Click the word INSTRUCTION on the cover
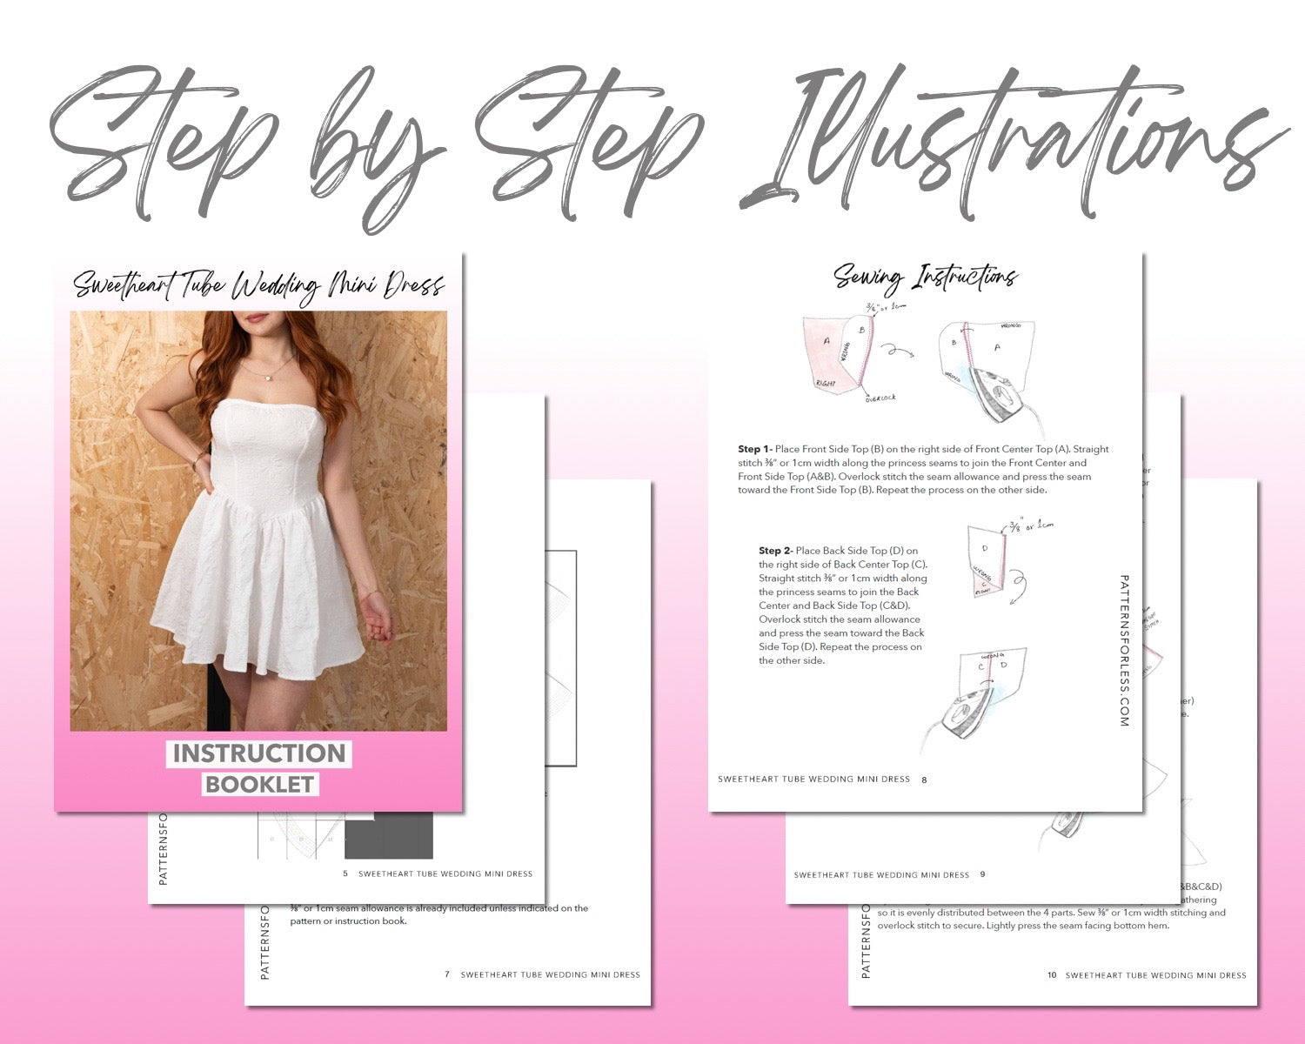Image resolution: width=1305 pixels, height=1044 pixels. pyautogui.click(x=259, y=753)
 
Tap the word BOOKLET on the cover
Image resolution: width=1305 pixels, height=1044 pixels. pyautogui.click(x=259, y=784)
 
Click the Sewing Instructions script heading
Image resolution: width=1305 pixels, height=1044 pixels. pyautogui.click(x=925, y=278)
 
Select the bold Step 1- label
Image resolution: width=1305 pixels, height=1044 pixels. pyautogui.click(x=754, y=449)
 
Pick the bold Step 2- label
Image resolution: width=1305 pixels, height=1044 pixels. pyautogui.click(x=775, y=551)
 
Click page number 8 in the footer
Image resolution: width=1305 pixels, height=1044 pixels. pyautogui.click(x=924, y=780)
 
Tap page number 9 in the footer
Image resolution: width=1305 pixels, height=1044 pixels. pyautogui.click(x=982, y=874)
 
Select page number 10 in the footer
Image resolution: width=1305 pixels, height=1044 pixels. pyautogui.click(x=1052, y=975)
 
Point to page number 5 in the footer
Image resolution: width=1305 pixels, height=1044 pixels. pyautogui.click(x=345, y=873)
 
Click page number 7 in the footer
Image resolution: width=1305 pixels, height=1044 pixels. pyautogui.click(x=447, y=974)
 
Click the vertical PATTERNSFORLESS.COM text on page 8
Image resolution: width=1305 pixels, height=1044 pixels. pyautogui.click(x=1124, y=650)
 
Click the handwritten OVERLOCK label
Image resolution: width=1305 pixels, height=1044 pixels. pyautogui.click(x=880, y=398)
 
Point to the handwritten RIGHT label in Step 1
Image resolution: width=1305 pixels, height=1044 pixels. pyautogui.click(x=826, y=382)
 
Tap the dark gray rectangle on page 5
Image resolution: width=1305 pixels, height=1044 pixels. pyautogui.click(x=388, y=836)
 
